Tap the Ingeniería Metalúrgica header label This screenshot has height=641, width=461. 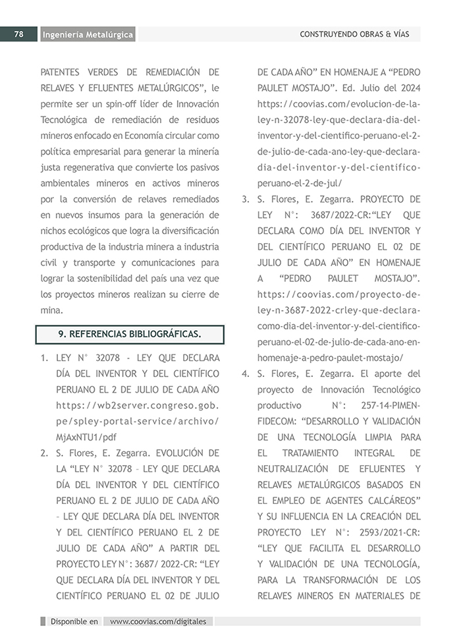(88, 34)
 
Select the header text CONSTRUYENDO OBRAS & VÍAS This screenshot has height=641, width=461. (354, 34)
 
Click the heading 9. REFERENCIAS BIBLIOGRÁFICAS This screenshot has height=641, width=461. (130, 334)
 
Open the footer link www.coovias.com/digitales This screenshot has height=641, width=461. (158, 621)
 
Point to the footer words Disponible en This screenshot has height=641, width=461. (74, 621)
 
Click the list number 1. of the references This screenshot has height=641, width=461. (45, 361)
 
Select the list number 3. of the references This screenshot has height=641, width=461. (244, 199)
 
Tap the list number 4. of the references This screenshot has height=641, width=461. (244, 374)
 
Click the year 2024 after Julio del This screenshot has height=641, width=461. (408, 88)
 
